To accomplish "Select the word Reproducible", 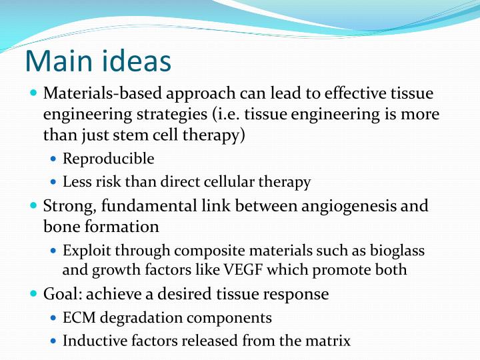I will [x=108, y=159].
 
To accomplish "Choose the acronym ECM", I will [x=79, y=318].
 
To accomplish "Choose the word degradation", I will [x=140, y=318].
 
